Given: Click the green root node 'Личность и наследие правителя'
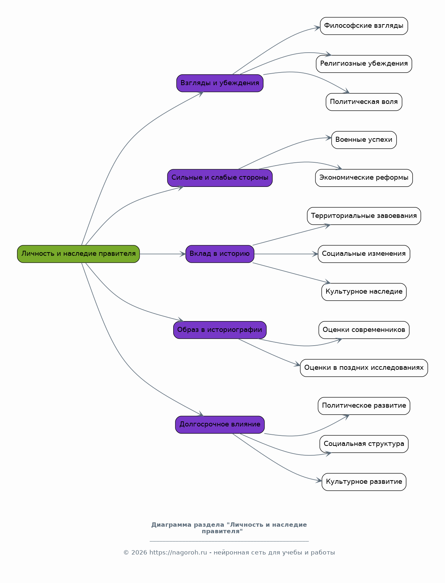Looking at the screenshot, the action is tap(78, 254).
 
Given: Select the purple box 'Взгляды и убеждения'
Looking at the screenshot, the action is tap(220, 83).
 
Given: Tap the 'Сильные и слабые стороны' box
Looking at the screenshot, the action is tap(220, 178).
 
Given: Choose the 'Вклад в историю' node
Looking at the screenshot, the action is tap(220, 254).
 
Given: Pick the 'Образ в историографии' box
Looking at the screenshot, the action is tap(220, 330).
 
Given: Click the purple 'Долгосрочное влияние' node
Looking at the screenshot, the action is tap(220, 425).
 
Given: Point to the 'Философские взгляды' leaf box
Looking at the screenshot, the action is tap(364, 26).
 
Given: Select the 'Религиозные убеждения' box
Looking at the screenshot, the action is tap(364, 64).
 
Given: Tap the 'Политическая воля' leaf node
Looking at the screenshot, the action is tap(364, 102).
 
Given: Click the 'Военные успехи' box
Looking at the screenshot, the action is tap(364, 140).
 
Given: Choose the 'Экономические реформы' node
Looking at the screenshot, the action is tap(364, 178).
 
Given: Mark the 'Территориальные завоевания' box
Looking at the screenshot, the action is tap(364, 216).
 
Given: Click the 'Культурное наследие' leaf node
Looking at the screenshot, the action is tap(364, 292).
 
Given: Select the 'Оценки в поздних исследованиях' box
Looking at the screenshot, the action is tap(364, 368).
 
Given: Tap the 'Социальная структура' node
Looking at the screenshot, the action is tap(364, 444).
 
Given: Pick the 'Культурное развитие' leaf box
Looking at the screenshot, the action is tap(364, 482).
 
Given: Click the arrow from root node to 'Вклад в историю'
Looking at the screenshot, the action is tap(163, 254).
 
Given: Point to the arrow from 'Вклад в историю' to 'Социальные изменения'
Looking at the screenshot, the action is tap(286, 254).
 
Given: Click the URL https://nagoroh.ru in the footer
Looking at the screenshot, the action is tap(178, 552).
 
